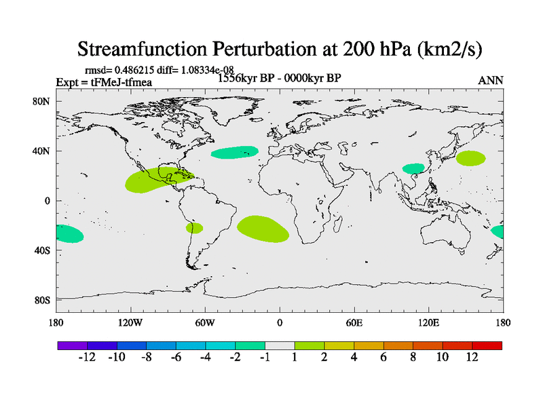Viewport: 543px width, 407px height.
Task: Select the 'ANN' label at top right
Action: (490, 81)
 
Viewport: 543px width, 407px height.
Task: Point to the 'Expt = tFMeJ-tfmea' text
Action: (103, 83)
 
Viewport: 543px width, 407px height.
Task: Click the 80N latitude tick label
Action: (43, 101)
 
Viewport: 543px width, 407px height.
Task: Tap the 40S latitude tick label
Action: (43, 250)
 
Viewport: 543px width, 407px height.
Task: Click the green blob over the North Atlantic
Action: (234, 153)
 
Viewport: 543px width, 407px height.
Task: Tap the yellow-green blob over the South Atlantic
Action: (262, 229)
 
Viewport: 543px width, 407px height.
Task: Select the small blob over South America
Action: (194, 228)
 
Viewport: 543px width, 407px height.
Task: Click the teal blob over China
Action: (413, 168)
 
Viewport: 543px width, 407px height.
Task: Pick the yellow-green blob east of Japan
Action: (471, 158)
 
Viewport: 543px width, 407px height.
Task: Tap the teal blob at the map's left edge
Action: (69, 234)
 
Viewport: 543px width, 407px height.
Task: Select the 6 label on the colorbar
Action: (383, 357)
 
